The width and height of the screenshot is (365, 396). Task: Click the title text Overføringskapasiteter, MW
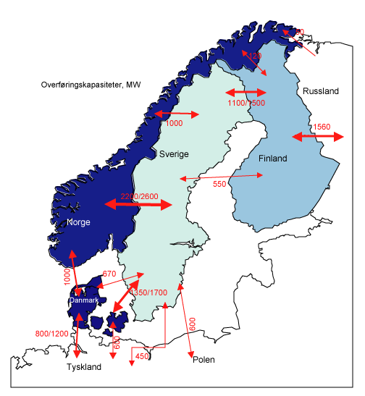(x=91, y=85)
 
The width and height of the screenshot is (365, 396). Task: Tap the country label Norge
(x=77, y=222)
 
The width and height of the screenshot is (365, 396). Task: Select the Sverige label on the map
(x=174, y=154)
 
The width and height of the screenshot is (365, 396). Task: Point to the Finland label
(x=272, y=159)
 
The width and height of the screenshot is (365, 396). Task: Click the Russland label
(x=321, y=92)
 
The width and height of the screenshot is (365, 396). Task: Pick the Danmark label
(x=84, y=300)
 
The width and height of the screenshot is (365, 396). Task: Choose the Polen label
(x=204, y=360)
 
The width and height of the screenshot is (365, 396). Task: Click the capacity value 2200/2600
(x=138, y=197)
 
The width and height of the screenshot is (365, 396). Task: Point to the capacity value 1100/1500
(x=246, y=104)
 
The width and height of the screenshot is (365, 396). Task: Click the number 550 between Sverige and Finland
(x=220, y=185)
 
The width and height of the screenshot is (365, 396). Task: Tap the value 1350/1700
(x=148, y=292)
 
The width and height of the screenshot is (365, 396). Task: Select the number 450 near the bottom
(x=142, y=355)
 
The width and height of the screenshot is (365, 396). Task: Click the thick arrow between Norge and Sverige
(x=138, y=206)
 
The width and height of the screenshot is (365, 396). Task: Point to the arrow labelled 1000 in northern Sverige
(x=175, y=114)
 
